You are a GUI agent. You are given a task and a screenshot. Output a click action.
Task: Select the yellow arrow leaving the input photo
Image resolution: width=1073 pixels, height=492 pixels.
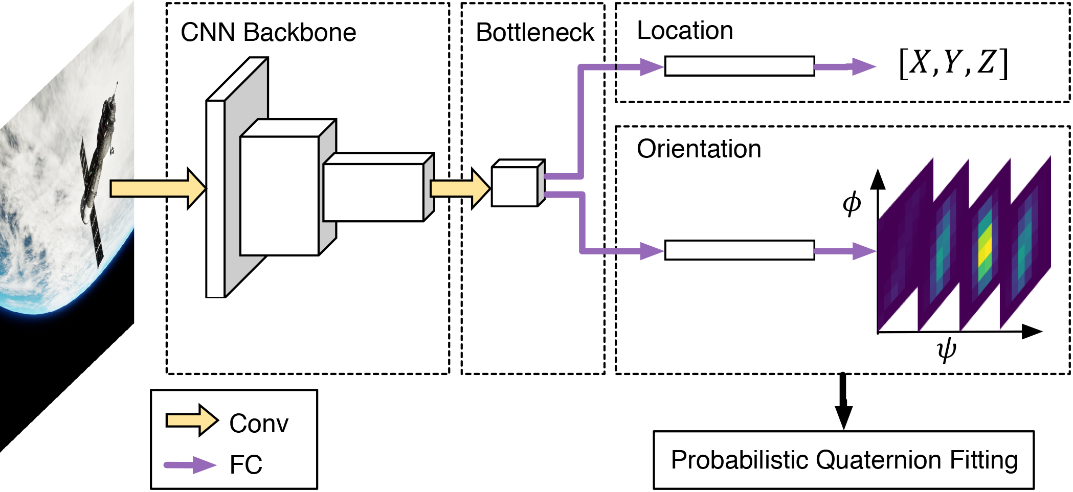(156, 189)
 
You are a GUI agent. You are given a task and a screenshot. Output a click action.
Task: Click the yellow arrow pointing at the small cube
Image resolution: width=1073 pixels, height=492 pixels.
(459, 189)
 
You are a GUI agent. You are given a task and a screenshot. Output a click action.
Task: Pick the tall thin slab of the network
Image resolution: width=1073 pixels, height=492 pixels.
(215, 199)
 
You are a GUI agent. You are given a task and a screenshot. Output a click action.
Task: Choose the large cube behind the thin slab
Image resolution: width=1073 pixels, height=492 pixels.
(279, 195)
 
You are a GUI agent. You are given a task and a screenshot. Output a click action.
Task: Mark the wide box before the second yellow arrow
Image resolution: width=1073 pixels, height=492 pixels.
(373, 192)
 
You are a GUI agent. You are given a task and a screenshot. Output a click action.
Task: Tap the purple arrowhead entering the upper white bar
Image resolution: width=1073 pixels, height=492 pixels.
(652, 66)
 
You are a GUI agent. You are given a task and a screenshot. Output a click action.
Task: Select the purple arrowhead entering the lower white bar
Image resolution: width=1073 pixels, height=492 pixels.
(652, 251)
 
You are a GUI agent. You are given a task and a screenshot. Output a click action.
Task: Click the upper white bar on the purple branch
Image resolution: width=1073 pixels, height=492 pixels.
(739, 66)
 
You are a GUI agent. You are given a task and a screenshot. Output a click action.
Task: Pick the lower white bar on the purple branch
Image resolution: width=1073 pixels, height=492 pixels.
(739, 250)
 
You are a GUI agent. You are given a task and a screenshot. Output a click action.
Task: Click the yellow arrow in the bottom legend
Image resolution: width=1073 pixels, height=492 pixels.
(192, 420)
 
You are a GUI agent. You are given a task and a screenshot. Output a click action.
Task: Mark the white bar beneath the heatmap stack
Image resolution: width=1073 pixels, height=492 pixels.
(846, 364)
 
